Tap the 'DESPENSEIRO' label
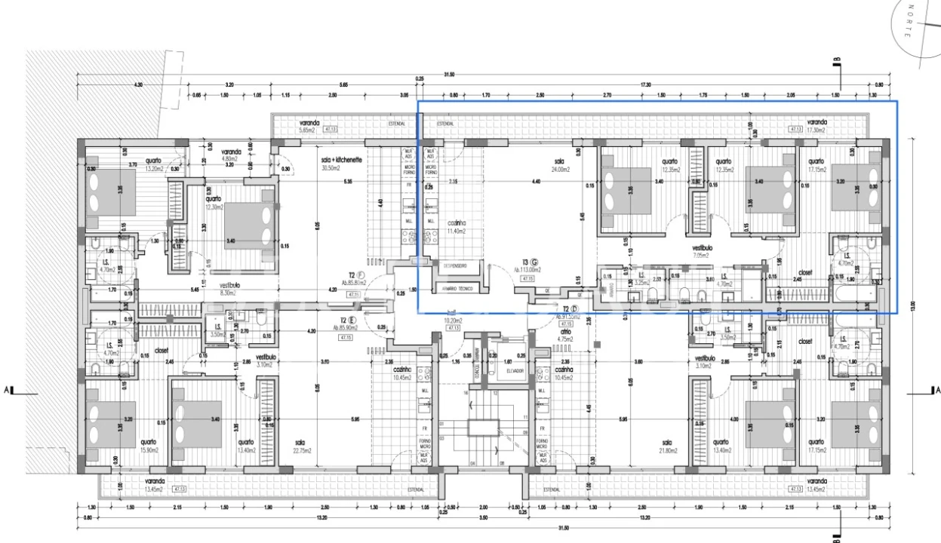click(455, 265)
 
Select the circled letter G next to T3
click(534, 262)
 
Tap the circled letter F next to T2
click(361, 275)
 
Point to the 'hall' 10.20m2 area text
click(454, 320)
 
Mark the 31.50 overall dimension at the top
click(450, 75)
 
